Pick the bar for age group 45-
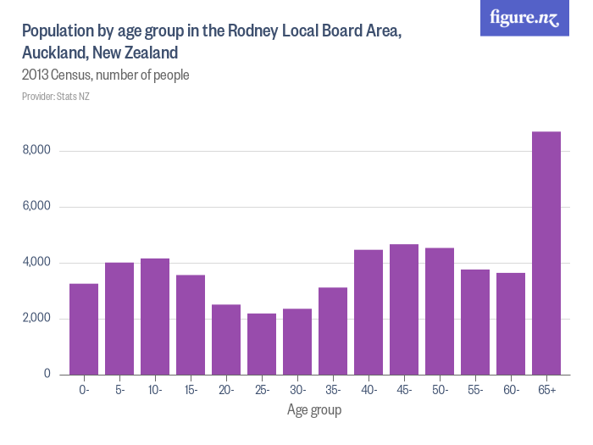click(x=404, y=309)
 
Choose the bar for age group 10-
click(x=155, y=316)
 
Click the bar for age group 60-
click(x=511, y=323)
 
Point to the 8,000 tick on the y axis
click(x=36, y=151)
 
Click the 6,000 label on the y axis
click(x=36, y=207)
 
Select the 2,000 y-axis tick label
click(x=36, y=319)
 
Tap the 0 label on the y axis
click(x=47, y=374)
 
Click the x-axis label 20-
click(x=226, y=390)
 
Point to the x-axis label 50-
click(x=440, y=390)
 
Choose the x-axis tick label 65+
click(x=546, y=390)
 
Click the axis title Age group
click(x=314, y=410)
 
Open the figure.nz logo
click(x=524, y=18)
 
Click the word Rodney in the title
click(x=257, y=31)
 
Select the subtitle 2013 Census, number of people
click(x=105, y=75)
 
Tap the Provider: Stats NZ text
click(x=56, y=97)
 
